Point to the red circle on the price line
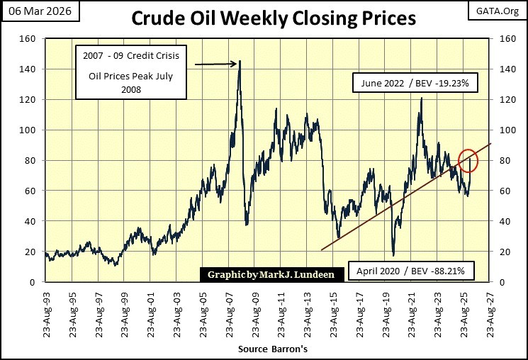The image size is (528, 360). point(468,161)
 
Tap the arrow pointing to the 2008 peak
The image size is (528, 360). point(215,64)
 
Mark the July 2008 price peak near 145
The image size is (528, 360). point(240,62)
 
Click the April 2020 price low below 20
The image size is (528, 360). point(393,255)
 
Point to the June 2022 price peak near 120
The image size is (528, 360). point(421,99)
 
